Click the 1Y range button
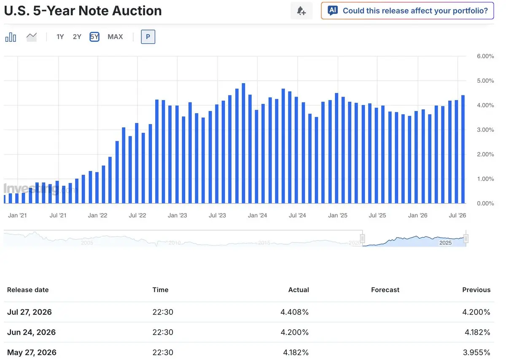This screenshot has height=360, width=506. click(60, 37)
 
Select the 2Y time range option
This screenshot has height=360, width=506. click(77, 37)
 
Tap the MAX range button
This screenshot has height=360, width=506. click(115, 37)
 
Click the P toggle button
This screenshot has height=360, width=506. click(148, 37)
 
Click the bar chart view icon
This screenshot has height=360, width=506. click(11, 37)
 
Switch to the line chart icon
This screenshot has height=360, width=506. click(32, 37)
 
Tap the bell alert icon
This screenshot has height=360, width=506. click(301, 11)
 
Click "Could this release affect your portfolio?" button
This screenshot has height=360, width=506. click(407, 11)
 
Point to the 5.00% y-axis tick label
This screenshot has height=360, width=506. click(485, 81)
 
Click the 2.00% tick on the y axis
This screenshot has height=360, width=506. click(485, 154)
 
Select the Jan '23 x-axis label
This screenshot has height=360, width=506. click(178, 215)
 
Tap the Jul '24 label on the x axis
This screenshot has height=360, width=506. click(297, 215)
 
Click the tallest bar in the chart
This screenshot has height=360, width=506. click(243, 143)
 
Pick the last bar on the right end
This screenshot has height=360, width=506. click(463, 149)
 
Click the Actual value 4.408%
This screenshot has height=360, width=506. click(294, 312)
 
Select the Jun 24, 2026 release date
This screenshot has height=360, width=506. click(31, 332)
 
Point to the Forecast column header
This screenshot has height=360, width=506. click(385, 290)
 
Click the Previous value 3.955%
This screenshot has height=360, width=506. click(476, 352)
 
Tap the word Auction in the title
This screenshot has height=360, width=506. click(137, 11)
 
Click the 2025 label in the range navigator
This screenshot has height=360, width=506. click(445, 243)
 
